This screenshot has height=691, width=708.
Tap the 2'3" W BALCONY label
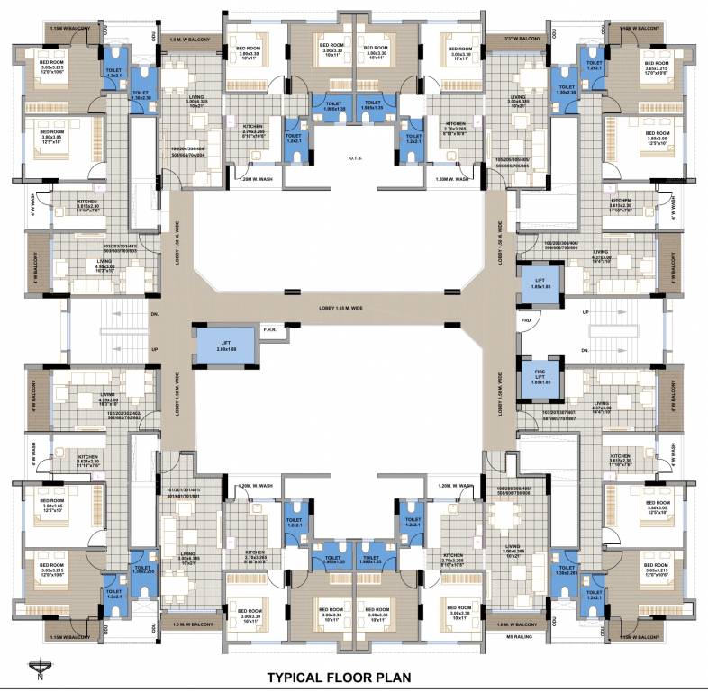click(x=522, y=39)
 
